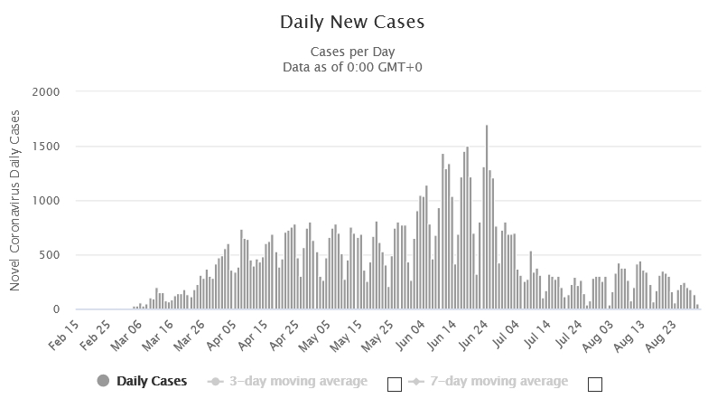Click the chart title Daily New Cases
(x=352, y=22)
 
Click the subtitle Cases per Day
(x=352, y=52)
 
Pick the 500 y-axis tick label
(x=50, y=255)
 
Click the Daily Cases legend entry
(x=151, y=381)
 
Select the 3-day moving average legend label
(x=299, y=381)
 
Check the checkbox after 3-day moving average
(x=394, y=384)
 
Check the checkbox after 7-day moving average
(x=594, y=384)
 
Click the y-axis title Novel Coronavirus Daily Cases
(x=15, y=201)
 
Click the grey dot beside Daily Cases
(x=102, y=381)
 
